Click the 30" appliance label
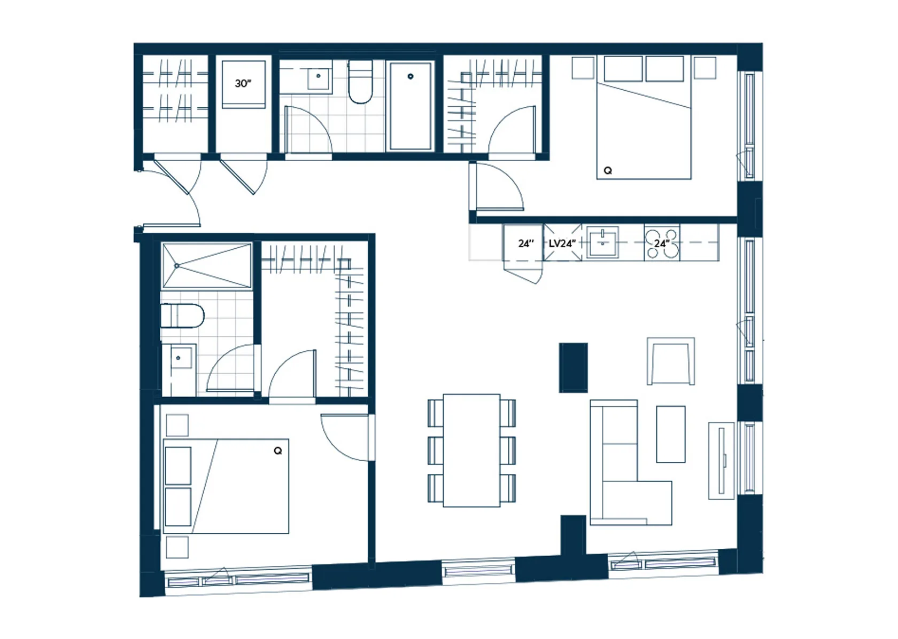[243, 83]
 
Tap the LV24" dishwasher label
[562, 243]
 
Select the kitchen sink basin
[602, 242]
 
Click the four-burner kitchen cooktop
[662, 243]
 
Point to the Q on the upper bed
[608, 171]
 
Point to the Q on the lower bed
[278, 451]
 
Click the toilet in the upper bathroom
[360, 82]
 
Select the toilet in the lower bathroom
[182, 316]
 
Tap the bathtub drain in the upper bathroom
[410, 76]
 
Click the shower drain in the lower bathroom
[176, 265]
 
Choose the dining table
[471, 451]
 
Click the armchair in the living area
[671, 361]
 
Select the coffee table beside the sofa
[671, 434]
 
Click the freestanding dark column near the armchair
[573, 367]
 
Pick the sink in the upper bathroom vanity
[319, 78]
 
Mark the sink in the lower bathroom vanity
[179, 357]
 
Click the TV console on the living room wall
[722, 461]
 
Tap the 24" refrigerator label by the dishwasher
[526, 243]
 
